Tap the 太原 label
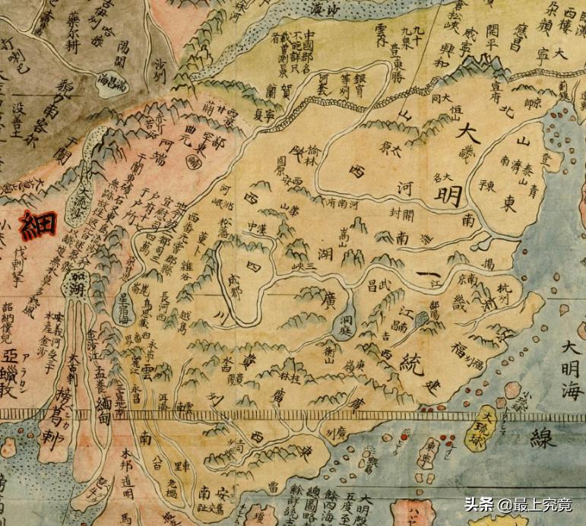tap(391, 147)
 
